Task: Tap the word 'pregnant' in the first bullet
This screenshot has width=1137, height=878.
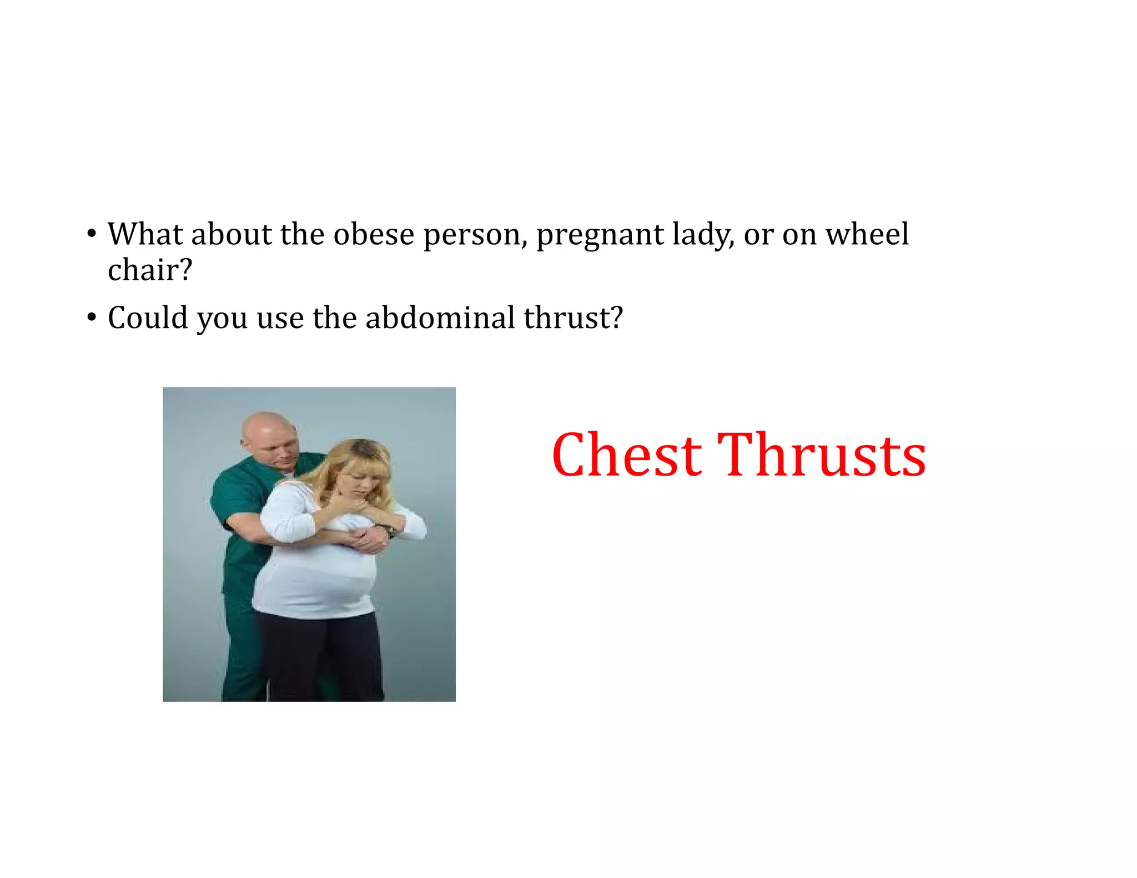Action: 600,234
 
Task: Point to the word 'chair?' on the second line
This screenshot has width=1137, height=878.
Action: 150,270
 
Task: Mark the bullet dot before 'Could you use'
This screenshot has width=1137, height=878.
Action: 92,318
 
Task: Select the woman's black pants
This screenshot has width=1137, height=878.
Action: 322,655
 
